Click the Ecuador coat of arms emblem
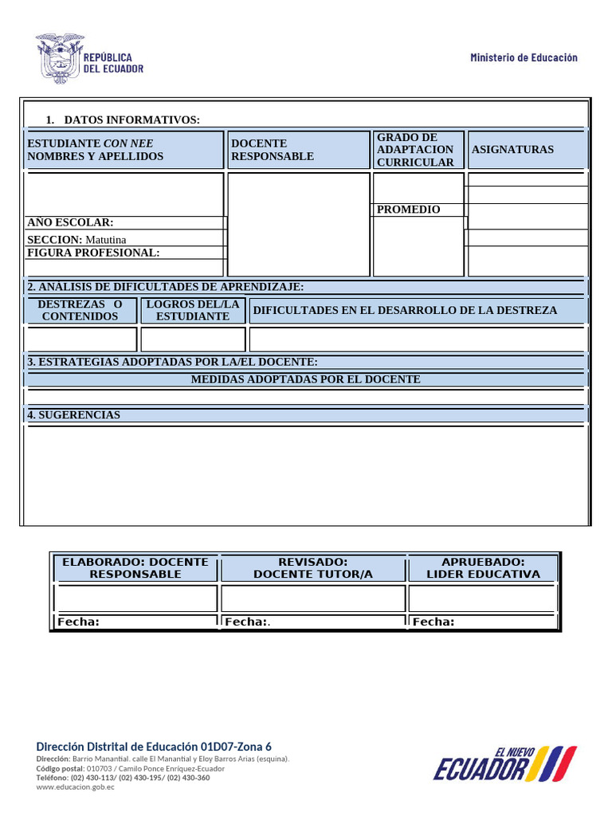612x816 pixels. point(58,58)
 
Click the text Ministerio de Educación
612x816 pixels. point(524,57)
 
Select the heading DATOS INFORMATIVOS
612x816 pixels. point(131,120)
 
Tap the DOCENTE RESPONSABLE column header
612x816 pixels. point(272,150)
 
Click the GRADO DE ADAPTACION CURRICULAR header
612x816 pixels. point(415,150)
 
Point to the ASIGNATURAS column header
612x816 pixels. point(512,150)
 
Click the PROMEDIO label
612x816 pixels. point(408,210)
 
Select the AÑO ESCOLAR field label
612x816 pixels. point(70,222)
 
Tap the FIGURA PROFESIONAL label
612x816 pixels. point(93,253)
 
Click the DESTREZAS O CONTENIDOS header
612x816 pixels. point(80,310)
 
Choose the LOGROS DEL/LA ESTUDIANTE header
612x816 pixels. point(193,310)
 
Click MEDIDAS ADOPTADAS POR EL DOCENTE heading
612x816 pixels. point(305,379)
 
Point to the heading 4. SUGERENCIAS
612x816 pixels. point(73,415)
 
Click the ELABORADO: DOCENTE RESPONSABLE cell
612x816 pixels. point(135,567)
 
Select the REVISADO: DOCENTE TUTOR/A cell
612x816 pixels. point(312,567)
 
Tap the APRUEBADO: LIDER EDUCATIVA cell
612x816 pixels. point(483,567)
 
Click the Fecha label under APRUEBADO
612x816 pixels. point(433,622)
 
